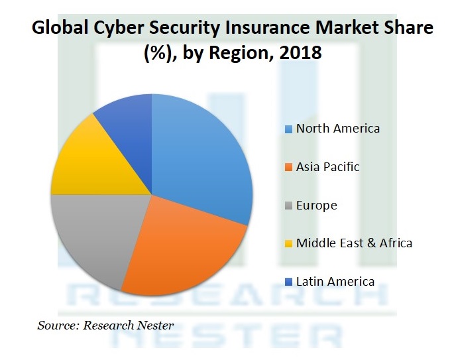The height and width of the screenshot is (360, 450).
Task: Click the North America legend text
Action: point(338,128)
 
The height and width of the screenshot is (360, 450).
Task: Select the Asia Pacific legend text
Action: point(327,166)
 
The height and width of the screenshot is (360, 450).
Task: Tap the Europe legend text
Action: point(316,205)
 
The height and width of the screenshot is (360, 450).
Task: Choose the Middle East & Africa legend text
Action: point(354,243)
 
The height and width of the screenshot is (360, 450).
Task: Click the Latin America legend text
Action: point(335,281)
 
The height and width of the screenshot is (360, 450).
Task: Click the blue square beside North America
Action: point(288,129)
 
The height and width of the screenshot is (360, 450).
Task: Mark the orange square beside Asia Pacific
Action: point(288,167)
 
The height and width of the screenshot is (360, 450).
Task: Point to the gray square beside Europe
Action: point(288,206)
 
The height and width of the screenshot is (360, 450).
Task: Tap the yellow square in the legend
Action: point(288,243)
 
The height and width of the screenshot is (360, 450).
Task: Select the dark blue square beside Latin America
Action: point(288,282)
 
